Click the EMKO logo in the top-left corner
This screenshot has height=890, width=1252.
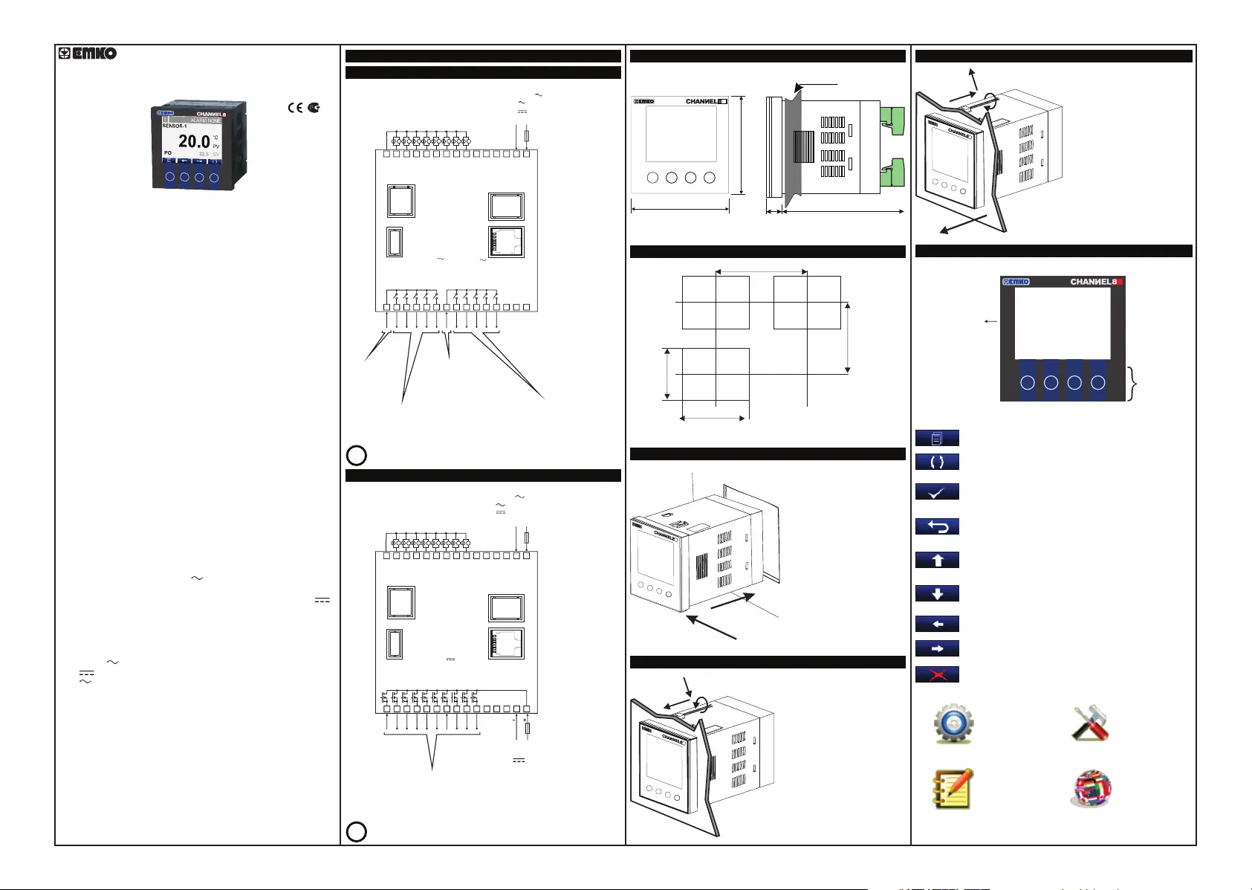point(88,54)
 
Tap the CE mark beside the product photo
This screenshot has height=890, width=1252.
point(295,108)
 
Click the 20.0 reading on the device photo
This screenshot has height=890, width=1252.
point(194,141)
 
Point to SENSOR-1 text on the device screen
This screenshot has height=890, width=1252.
point(175,126)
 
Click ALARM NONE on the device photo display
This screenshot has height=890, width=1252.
point(205,120)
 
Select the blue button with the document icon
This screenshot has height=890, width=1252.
point(937,438)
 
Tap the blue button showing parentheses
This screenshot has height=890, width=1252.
point(937,462)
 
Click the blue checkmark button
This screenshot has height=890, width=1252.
point(937,491)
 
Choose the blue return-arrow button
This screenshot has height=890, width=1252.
point(937,526)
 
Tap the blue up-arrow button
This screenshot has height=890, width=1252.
point(937,560)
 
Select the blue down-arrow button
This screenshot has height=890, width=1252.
point(937,593)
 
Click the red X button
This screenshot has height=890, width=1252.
point(937,674)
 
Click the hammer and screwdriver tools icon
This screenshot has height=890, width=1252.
point(1090,723)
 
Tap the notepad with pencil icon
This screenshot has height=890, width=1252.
point(953,789)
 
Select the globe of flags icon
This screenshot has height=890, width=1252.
point(1092,789)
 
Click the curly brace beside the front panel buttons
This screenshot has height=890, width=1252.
point(1133,383)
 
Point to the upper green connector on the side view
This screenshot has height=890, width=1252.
point(892,120)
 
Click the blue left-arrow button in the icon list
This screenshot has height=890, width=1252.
point(937,624)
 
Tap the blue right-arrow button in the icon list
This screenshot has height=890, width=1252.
point(937,648)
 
